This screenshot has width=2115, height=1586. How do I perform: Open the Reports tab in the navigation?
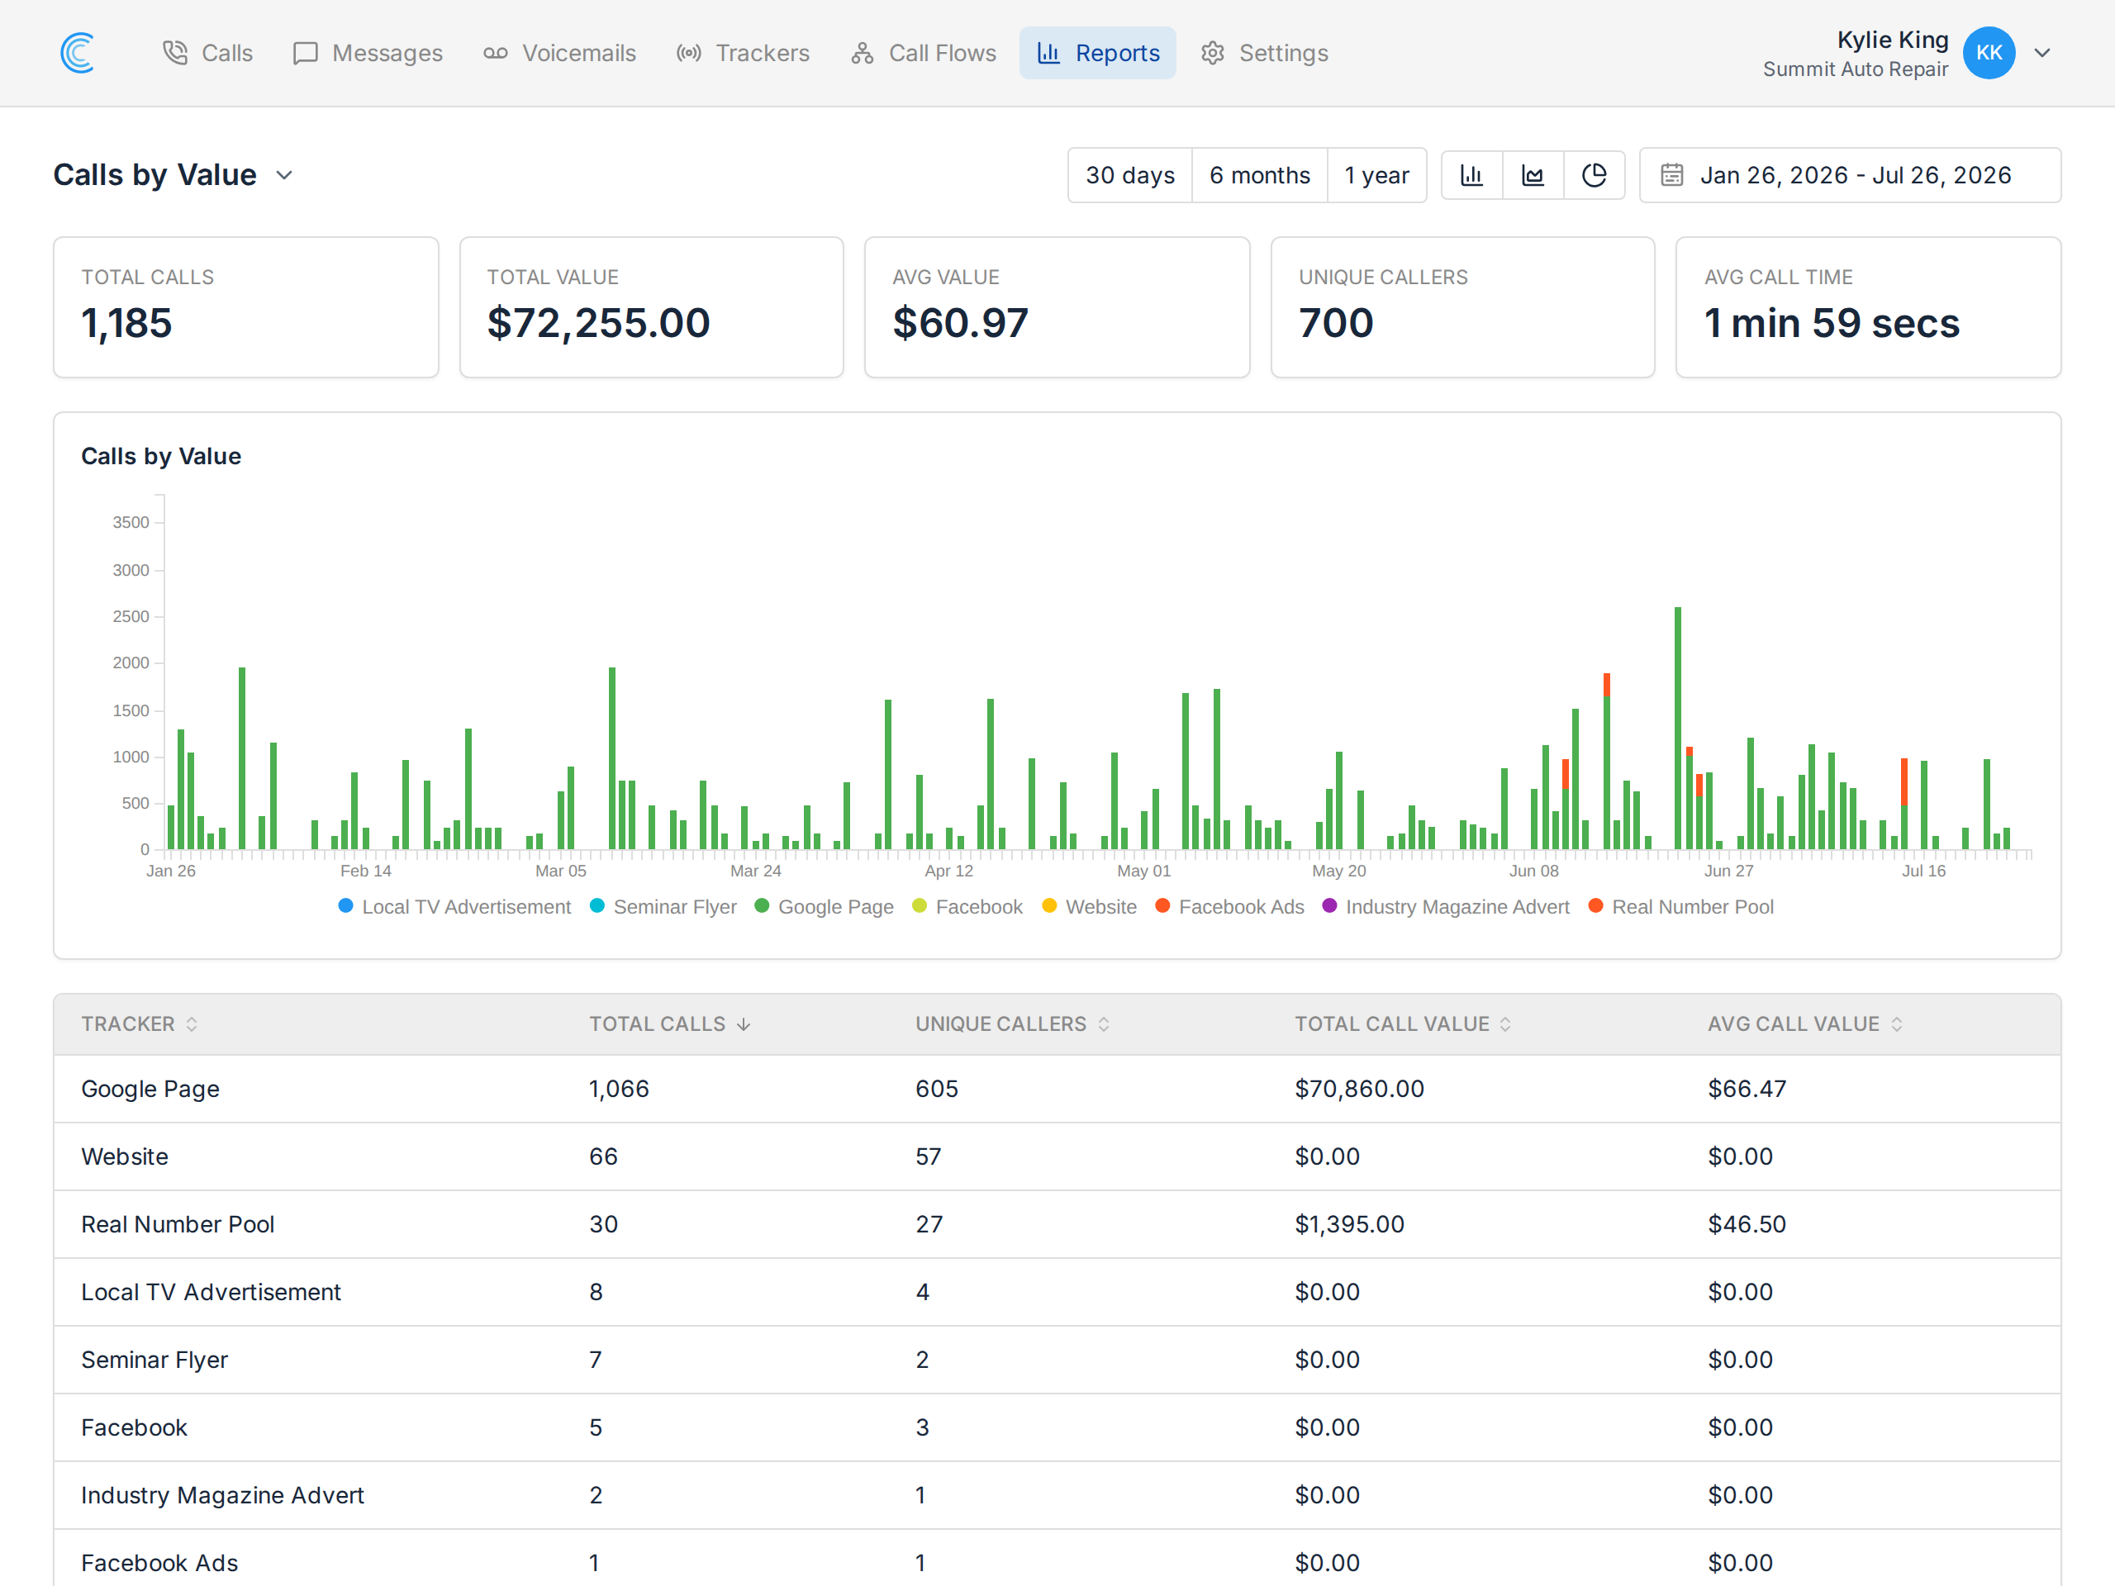click(x=1098, y=53)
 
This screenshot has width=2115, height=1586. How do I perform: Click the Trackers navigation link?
click(x=742, y=53)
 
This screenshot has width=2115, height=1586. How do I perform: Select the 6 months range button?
click(x=1259, y=175)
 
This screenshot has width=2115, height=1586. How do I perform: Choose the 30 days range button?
click(x=1129, y=175)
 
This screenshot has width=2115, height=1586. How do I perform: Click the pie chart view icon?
click(x=1594, y=175)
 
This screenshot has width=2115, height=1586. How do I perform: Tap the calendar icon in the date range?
click(x=1671, y=175)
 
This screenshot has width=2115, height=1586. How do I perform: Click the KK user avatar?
click(x=1989, y=53)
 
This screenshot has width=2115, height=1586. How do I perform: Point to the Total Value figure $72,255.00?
click(x=598, y=323)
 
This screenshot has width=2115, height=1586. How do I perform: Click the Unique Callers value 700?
click(x=1336, y=323)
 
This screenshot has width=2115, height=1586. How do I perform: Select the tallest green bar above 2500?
click(x=1677, y=729)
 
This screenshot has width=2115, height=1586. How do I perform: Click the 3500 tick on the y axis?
click(x=131, y=522)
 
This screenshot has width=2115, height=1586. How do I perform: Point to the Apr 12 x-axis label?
click(x=948, y=871)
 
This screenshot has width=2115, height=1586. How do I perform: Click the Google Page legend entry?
click(x=825, y=906)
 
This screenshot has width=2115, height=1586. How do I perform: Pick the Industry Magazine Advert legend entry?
click(x=1446, y=906)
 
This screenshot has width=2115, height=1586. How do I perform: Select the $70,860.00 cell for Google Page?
click(x=1359, y=1089)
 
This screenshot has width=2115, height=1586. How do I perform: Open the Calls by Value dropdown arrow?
click(x=284, y=175)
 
